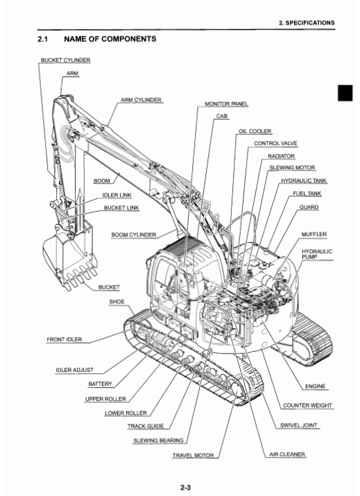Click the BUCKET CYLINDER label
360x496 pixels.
pos(66,60)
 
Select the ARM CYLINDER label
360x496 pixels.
pos(141,100)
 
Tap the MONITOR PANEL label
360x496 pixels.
pos(227,104)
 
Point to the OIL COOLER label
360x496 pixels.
pos(255,131)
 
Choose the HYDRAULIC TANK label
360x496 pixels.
pos(304,180)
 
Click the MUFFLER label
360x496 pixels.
pos(314,234)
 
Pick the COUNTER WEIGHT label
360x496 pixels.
pos(307,405)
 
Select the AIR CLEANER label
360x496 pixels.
pos(287,454)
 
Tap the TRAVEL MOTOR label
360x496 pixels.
pos(193,456)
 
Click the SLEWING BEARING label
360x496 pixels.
pos(158,441)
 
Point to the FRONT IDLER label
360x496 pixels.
pos(65,339)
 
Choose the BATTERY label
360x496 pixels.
pos(101,384)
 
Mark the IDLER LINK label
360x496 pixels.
pos(117,195)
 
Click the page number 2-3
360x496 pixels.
pos(186,488)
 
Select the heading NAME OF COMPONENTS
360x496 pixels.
pos(110,39)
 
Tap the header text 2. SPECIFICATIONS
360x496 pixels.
pos(307,23)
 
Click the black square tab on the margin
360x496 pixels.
pos(345,93)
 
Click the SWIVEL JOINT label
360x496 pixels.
pos(299,425)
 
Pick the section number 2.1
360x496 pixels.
pos(43,39)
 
